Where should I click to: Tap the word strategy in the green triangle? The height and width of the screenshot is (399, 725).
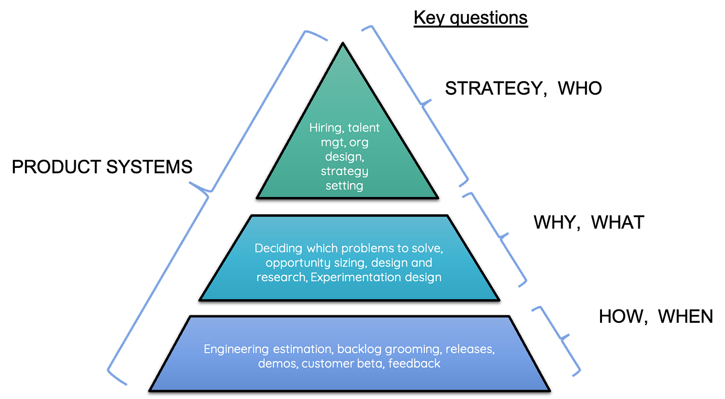345,172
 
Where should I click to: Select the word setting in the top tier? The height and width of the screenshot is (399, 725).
345,186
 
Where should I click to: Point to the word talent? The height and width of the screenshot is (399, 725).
363,128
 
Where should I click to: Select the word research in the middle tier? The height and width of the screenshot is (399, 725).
281,277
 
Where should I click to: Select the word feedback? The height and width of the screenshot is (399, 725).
415,363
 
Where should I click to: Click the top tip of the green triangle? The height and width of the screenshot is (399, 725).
343,47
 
